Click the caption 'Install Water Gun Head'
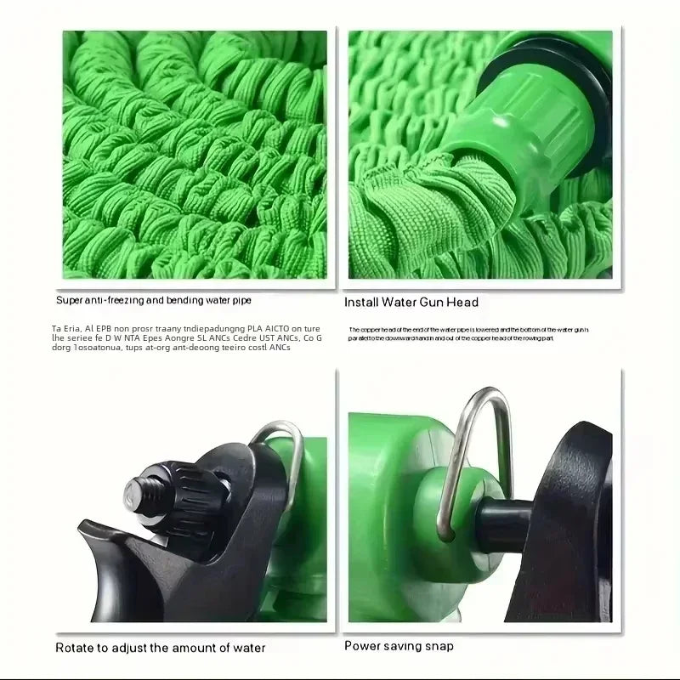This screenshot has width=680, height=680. pyautogui.click(x=411, y=302)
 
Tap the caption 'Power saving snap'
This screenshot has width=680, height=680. pyautogui.click(x=399, y=646)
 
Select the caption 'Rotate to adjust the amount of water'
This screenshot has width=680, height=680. pyautogui.click(x=161, y=648)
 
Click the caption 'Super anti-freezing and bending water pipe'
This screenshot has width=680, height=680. pyautogui.click(x=154, y=300)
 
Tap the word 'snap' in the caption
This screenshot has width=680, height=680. pyautogui.click(x=438, y=646)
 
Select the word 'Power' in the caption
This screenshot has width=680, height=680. pyautogui.click(x=361, y=646)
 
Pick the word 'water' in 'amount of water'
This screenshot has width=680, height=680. pyautogui.click(x=247, y=648)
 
